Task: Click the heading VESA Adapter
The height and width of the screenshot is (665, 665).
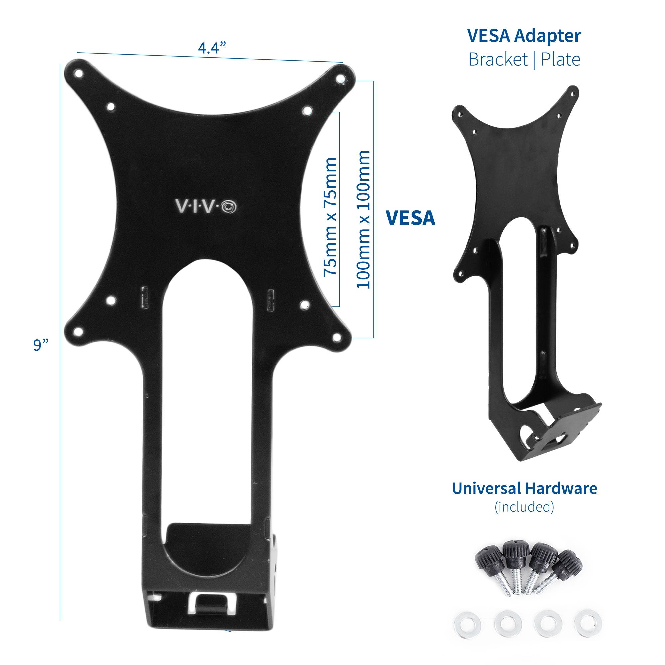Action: (x=524, y=36)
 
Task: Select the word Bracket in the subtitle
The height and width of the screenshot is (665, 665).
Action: (x=498, y=59)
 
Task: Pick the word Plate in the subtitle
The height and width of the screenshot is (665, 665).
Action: (x=560, y=59)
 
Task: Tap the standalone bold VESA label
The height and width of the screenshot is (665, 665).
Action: (x=410, y=218)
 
